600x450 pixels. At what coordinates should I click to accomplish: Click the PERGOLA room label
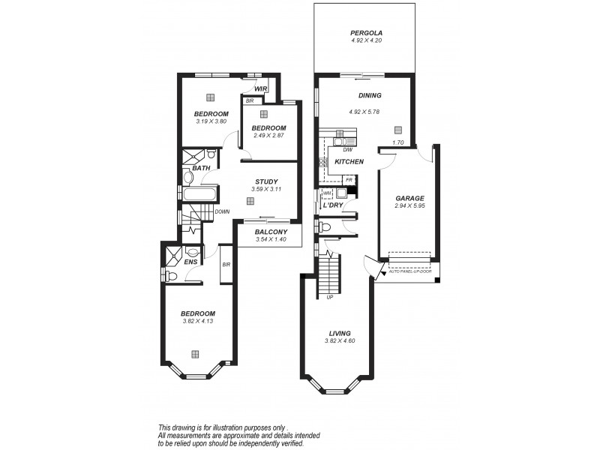(x=366, y=34)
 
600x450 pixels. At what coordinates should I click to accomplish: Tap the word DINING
(x=370, y=95)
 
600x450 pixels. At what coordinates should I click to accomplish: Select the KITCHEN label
(x=349, y=162)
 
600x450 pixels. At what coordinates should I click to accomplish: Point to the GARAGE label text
(x=410, y=199)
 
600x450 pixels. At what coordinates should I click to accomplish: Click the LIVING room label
(x=340, y=333)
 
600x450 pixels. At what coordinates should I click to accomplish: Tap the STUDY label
(x=266, y=181)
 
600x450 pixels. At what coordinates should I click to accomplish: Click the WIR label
(x=260, y=88)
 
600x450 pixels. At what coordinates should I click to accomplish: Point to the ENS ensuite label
(x=190, y=262)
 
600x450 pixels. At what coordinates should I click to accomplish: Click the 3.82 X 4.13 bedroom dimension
(x=198, y=322)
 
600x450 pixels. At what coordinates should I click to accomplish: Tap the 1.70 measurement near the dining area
(x=398, y=142)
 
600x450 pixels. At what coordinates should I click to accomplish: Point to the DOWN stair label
(x=222, y=211)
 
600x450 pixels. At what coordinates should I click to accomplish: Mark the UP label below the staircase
(x=329, y=298)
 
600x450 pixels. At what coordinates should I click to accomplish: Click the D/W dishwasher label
(x=337, y=150)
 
